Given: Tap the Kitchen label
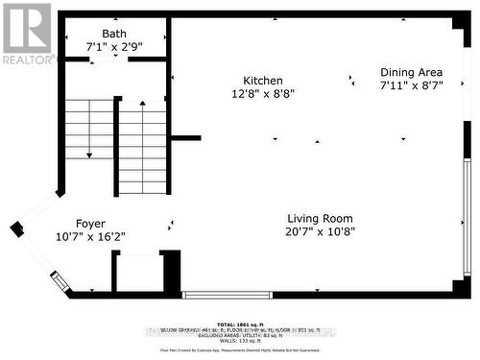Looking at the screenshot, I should tap(235, 81).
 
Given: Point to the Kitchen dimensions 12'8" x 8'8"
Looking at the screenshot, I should tap(235, 94).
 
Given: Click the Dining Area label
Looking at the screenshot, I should tap(411, 72).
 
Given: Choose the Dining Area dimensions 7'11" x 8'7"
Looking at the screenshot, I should tap(411, 85).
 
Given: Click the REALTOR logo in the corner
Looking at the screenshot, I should tap(26, 33).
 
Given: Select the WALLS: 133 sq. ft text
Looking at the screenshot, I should tap(238, 341).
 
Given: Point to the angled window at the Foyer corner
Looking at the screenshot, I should tap(60, 282).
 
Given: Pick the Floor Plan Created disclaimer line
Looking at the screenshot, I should tap(238, 351).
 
